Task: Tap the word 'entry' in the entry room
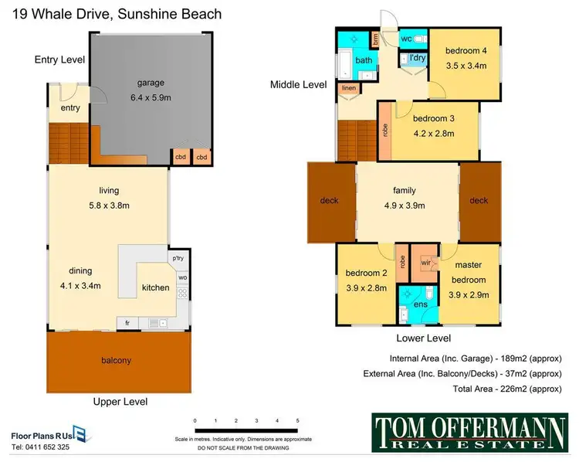pyautogui.click(x=70, y=108)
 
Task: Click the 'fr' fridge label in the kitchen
pyautogui.click(x=127, y=322)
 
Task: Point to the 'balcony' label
pyautogui.click(x=117, y=360)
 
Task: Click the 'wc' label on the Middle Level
pyautogui.click(x=406, y=39)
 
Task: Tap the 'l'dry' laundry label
pyautogui.click(x=418, y=58)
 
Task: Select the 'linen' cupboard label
pyautogui.click(x=348, y=88)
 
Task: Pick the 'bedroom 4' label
pyautogui.click(x=466, y=51)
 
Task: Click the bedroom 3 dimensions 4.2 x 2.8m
pyautogui.click(x=432, y=133)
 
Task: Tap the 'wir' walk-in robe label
pyautogui.click(x=425, y=263)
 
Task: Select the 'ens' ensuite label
pyautogui.click(x=420, y=304)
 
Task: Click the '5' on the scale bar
pyautogui.click(x=297, y=420)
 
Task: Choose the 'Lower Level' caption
pyautogui.click(x=423, y=338)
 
